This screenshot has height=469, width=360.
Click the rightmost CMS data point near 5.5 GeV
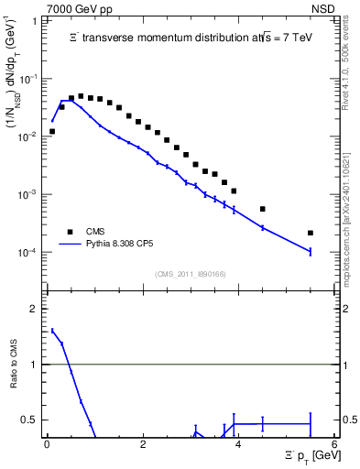point(311,233)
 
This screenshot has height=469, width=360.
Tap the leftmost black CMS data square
point(52,131)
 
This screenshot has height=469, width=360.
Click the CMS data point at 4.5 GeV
point(263,209)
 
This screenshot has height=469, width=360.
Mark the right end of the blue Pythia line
point(311,252)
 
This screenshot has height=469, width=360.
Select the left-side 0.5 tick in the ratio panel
point(31,420)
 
